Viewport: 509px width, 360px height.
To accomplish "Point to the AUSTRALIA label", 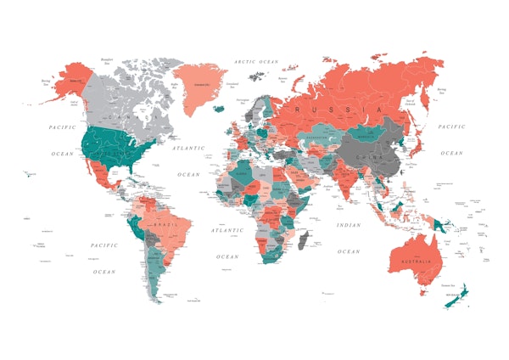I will coord(417,260).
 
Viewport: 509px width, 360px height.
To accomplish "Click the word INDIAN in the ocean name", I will coord(348,225).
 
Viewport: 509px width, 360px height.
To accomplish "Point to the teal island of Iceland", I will coord(219,108).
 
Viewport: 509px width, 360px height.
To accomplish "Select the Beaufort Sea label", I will coord(107,60).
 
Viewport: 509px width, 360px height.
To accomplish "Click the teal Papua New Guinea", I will coord(440,225).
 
